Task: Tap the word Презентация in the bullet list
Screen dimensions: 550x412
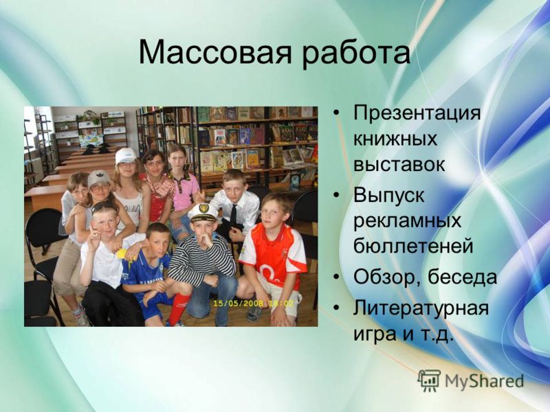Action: [417, 114]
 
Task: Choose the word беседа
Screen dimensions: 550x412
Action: [461, 276]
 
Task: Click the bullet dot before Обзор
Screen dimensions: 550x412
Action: [337, 277]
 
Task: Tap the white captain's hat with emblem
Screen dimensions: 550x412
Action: [202, 212]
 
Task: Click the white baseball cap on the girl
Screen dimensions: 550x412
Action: [126, 156]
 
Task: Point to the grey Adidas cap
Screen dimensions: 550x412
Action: [99, 178]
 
